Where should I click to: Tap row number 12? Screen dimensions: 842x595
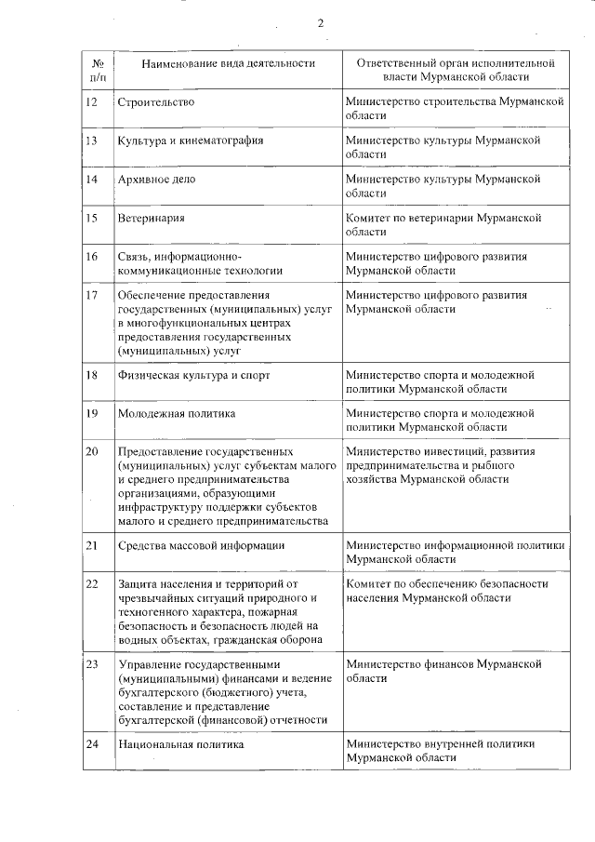click(91, 100)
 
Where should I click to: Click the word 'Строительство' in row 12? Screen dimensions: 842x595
click(156, 100)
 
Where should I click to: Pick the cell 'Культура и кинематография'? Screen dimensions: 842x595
click(191, 140)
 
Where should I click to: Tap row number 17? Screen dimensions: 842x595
click(91, 296)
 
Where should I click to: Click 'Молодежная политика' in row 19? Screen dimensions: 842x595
click(176, 413)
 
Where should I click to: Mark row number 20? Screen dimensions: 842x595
click(91, 452)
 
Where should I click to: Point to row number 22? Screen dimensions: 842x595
click(91, 584)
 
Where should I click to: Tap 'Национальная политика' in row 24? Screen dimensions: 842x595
click(180, 744)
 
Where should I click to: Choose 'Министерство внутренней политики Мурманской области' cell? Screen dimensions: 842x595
click(440, 751)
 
